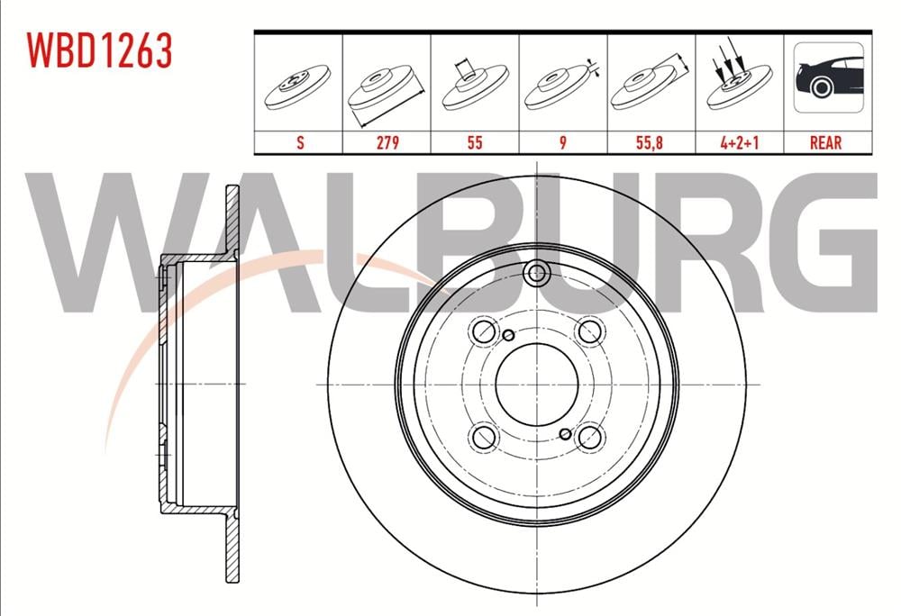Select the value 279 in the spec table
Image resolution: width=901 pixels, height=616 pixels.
point(387,142)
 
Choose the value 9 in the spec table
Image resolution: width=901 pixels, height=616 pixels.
point(563,142)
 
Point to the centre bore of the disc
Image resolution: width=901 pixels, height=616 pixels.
point(537,384)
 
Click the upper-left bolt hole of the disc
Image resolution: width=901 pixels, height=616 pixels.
point(485,331)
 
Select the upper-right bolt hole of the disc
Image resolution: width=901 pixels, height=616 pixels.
point(589,331)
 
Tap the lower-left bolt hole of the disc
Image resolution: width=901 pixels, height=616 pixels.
point(485,437)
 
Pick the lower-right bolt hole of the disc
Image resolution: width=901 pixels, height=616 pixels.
point(589,437)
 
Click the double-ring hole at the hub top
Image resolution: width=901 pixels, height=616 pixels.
point(537,273)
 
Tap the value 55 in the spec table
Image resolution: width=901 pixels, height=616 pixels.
point(475,142)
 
